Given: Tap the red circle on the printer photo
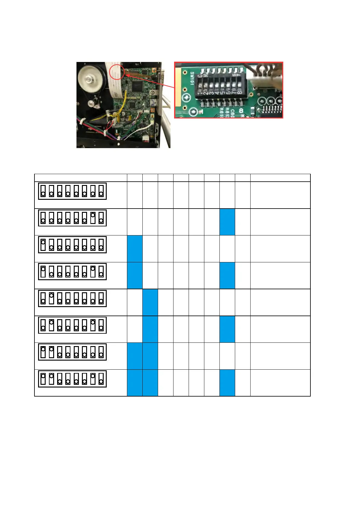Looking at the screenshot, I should pos(116,72).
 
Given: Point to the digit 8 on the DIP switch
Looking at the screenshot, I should pos(239,93).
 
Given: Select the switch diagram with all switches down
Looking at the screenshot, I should pos(72,191).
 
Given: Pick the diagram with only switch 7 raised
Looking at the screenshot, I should pos(72,218).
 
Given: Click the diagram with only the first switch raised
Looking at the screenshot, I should pos(72,245).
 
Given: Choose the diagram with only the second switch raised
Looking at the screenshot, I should pos(72,298).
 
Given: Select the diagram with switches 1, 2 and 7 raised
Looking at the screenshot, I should pos(72,379).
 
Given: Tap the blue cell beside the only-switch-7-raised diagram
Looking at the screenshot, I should pos(227,222).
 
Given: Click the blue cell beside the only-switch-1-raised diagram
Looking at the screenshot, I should pos(135,248).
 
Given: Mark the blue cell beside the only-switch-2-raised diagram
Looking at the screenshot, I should pos(150,302).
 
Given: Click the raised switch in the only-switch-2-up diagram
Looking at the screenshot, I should pos(51,295).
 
